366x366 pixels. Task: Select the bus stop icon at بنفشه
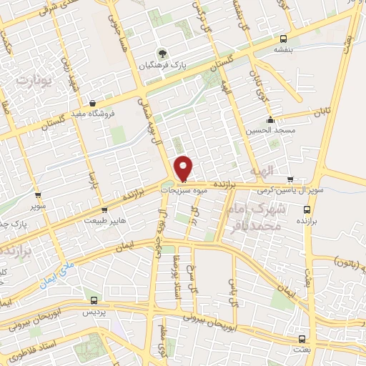[284, 39]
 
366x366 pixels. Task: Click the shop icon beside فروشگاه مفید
[93, 104]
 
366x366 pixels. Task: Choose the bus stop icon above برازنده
[307, 210]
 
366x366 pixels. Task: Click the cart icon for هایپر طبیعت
[105, 210]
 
